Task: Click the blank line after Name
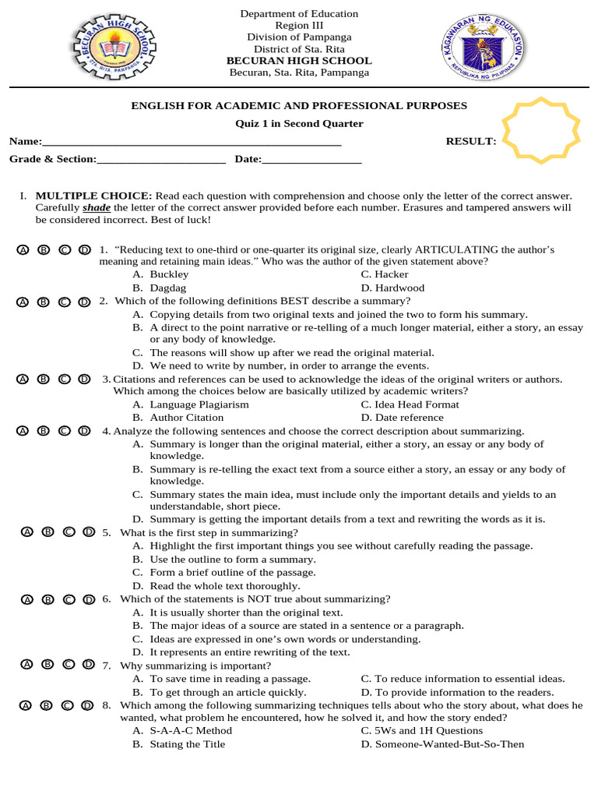coord(191,142)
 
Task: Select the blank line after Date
coord(311,160)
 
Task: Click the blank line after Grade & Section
coord(161,160)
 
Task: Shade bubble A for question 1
coord(23,249)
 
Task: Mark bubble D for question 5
coord(89,532)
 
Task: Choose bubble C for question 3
coord(64,379)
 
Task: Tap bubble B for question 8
coord(46,705)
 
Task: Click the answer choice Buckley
coord(169,274)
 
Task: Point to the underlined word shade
coord(97,208)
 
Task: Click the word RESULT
coord(470,141)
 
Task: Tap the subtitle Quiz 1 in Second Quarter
coord(300,124)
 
